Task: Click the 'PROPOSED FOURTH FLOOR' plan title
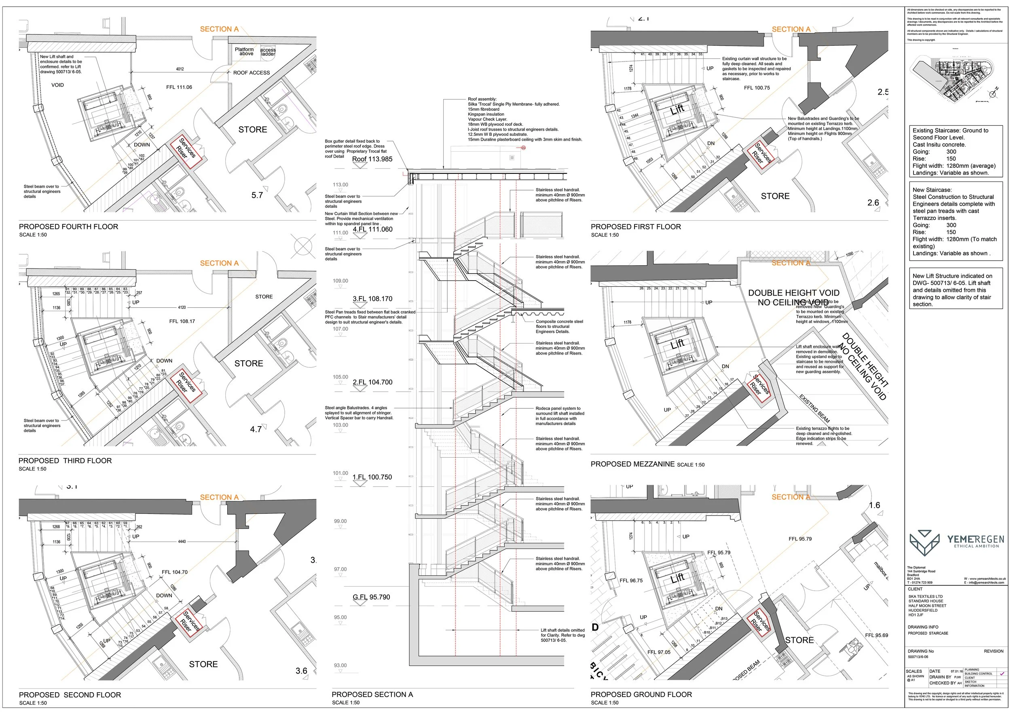[68, 227]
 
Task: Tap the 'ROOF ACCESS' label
[252, 73]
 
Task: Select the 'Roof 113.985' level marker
[372, 159]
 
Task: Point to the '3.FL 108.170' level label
[372, 299]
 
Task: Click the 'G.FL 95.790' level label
[371, 597]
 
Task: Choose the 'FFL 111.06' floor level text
[179, 87]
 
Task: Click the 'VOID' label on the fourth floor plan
[58, 85]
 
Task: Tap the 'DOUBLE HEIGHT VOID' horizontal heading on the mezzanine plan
[793, 293]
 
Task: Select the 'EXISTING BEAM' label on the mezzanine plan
[814, 408]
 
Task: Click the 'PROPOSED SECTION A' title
[372, 695]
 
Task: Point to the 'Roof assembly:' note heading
[482, 99]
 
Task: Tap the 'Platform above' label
[244, 51]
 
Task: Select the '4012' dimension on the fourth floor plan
[180, 69]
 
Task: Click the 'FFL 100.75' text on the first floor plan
[757, 88]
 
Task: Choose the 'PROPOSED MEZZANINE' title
[632, 464]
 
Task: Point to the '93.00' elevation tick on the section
[340, 665]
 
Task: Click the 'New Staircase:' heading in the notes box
[932, 190]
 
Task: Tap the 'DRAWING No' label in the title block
[920, 651]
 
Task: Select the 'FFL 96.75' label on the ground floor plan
[631, 581]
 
